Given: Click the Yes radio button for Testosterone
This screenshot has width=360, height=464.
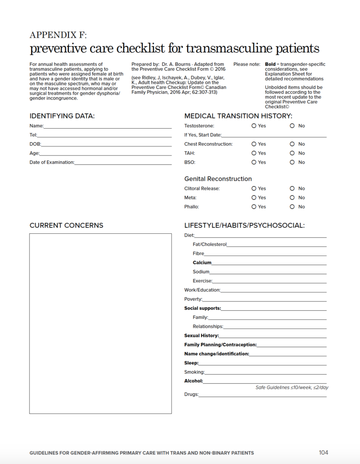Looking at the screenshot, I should (254, 126).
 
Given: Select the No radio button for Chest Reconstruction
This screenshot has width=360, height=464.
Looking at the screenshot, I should (292, 144).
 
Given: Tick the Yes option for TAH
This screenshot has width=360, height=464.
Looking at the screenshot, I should (254, 153).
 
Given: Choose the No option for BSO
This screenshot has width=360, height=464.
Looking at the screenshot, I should (292, 162).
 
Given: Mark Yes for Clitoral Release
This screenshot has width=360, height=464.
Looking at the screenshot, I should (254, 188).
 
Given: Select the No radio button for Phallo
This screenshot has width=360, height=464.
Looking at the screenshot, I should (292, 207).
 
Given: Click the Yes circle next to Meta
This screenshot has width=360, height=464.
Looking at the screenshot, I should (254, 198).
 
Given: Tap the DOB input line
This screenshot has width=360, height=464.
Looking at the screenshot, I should (106, 144).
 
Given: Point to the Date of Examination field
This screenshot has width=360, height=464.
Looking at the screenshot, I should (123, 162).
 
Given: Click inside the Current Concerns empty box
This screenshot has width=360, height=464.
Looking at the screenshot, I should (101, 323).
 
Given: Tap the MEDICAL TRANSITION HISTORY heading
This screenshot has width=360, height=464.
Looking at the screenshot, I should (238, 116).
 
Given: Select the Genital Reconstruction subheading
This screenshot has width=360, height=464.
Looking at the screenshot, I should (218, 179).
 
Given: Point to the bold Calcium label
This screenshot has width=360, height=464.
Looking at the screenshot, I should (202, 263).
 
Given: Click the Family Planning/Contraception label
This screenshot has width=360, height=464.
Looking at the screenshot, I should (220, 345).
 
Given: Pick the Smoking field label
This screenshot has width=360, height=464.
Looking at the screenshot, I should (194, 372).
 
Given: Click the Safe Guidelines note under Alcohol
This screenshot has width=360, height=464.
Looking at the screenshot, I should (292, 387).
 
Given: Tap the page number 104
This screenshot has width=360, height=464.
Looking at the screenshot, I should (323, 452).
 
